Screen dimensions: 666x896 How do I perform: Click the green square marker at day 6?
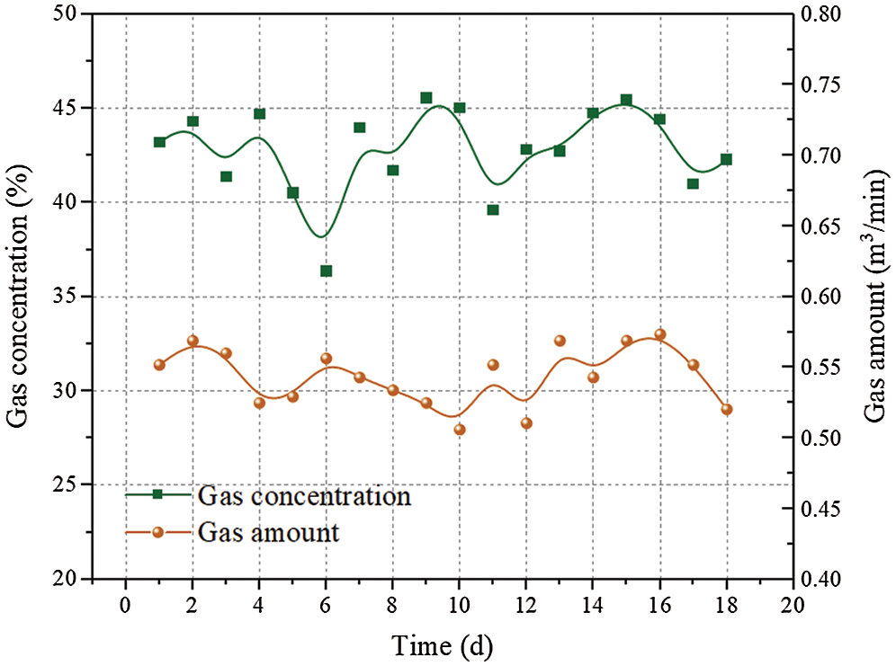327,271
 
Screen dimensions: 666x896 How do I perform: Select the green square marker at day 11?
493,209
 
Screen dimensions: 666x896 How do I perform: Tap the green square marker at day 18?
726,159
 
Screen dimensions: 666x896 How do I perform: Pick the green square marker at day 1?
159,142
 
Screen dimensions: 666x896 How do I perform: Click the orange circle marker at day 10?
460,430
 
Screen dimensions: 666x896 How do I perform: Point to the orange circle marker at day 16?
659,334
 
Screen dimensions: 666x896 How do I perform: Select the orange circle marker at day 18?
727,409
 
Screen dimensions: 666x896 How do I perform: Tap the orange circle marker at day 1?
159,365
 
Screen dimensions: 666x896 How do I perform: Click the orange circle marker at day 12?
526,423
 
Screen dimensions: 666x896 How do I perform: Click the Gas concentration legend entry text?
305,495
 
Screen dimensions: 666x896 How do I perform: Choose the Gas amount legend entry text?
269,532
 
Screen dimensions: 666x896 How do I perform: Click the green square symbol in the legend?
157,494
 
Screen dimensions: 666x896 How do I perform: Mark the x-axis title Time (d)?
443,644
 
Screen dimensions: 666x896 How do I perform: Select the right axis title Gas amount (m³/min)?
876,297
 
